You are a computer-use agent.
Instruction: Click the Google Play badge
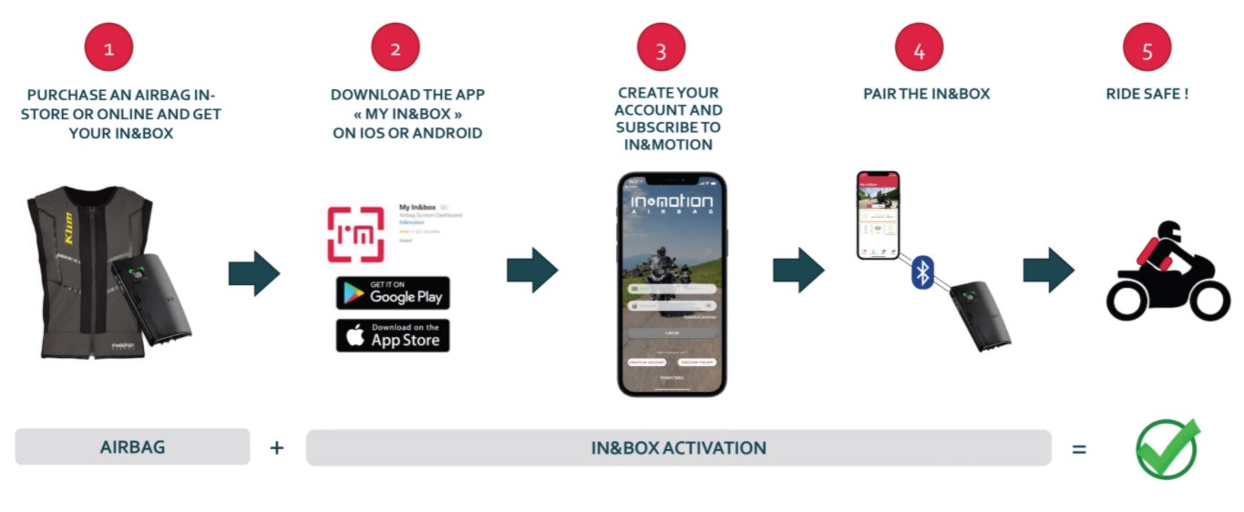(393, 293)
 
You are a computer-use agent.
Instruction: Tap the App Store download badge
(393, 335)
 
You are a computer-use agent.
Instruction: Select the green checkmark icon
(1167, 448)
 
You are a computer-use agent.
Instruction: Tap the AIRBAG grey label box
(132, 447)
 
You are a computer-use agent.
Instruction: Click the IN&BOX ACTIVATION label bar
(678, 448)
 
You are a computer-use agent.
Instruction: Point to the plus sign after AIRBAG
(277, 447)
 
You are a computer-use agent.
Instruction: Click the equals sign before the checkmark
(1079, 448)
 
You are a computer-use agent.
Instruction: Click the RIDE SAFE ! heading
(1146, 94)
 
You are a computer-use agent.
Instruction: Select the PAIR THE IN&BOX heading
(926, 94)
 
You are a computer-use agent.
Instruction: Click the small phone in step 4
(878, 215)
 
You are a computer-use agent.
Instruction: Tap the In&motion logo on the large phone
(672, 201)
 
